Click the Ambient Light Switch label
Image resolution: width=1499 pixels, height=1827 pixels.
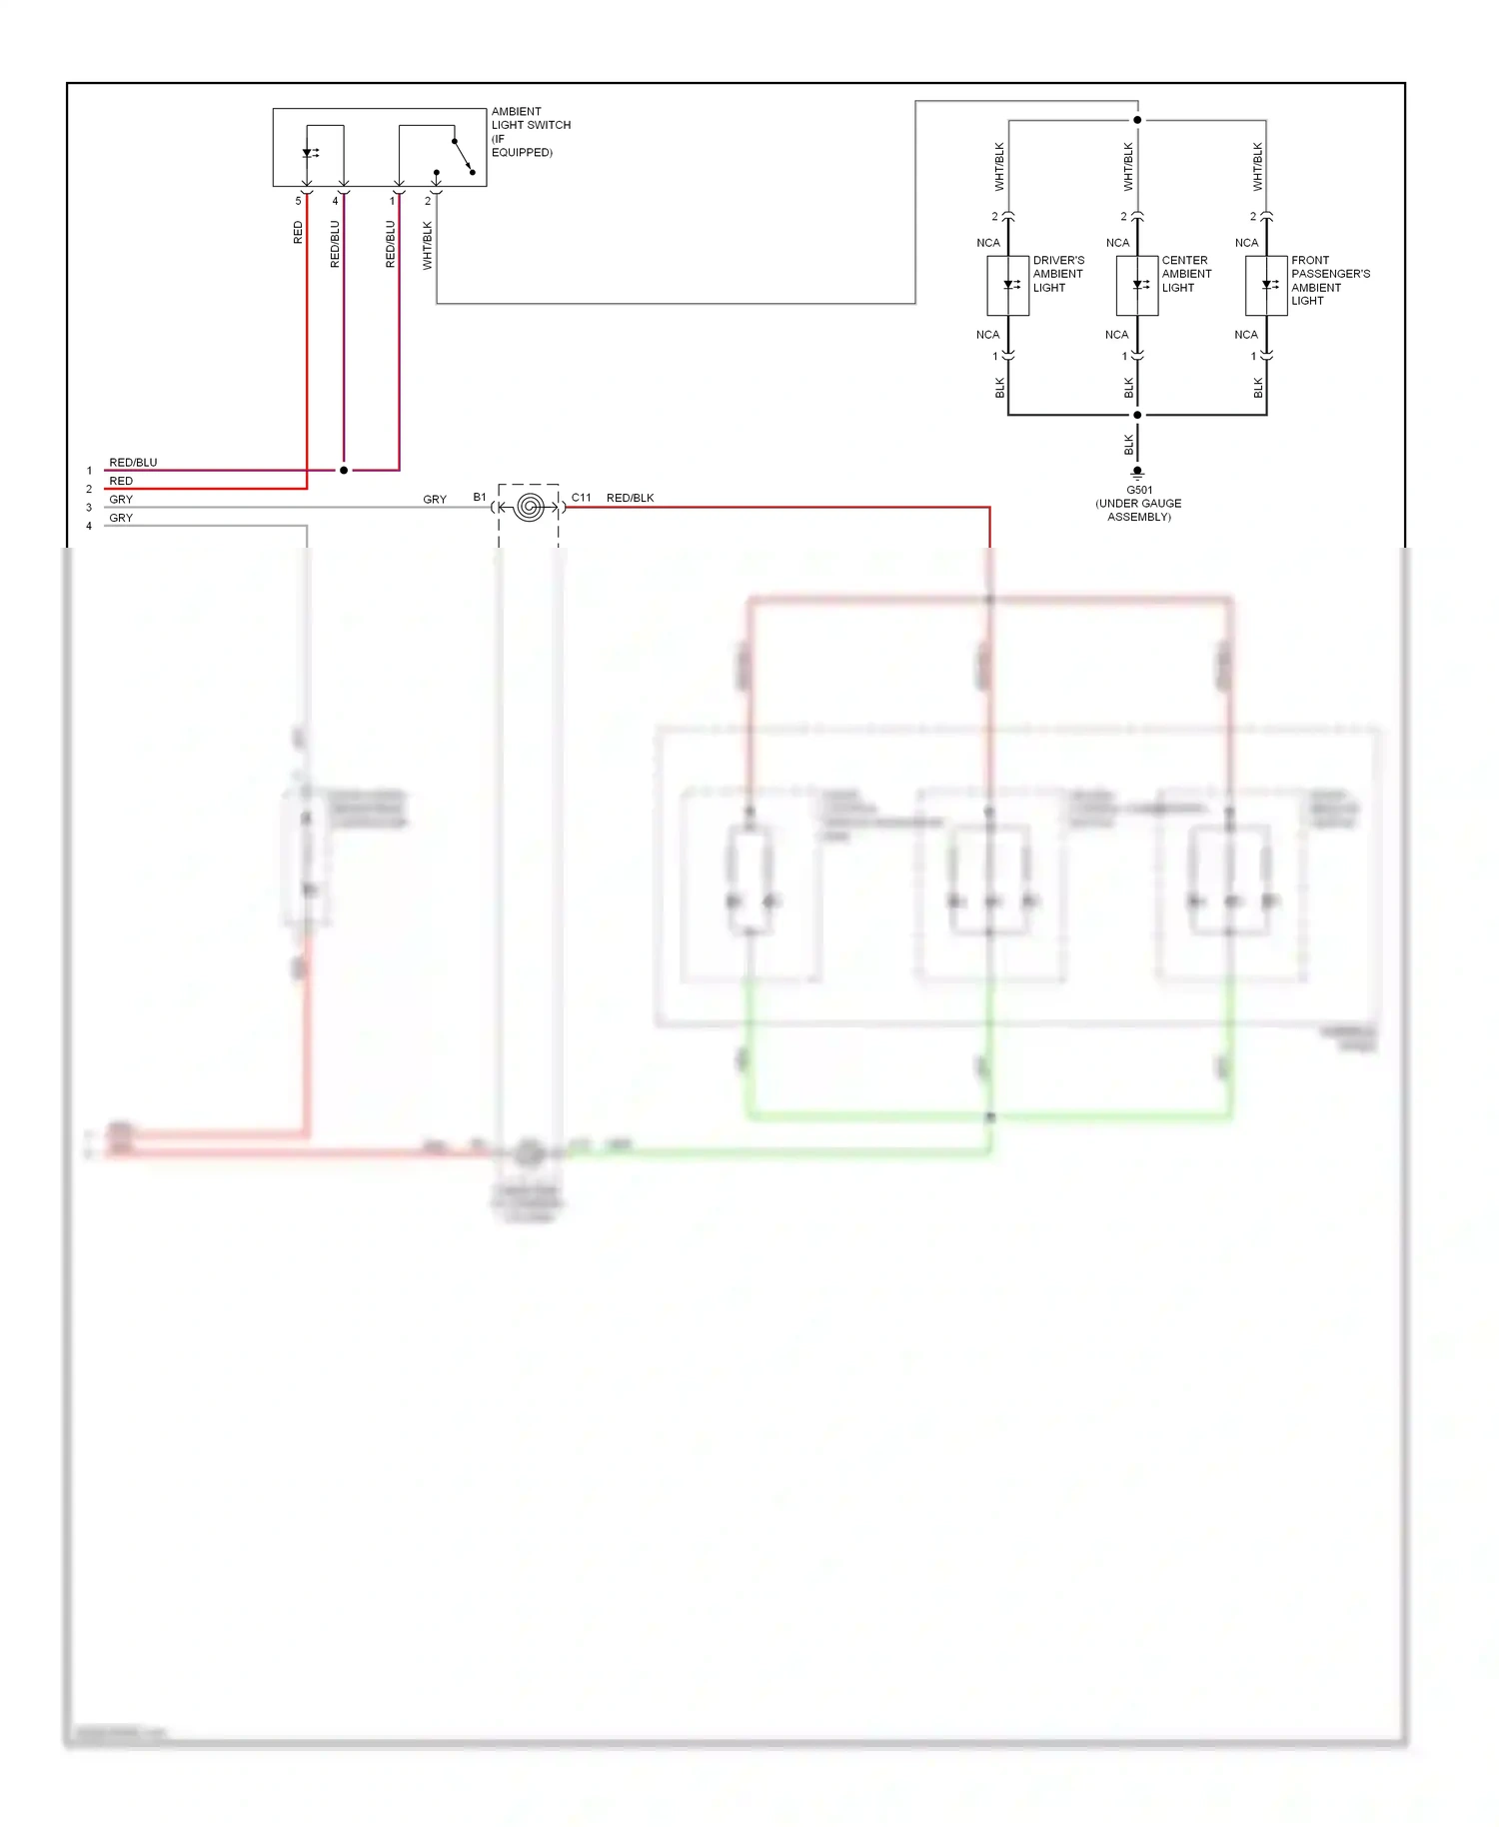(x=530, y=132)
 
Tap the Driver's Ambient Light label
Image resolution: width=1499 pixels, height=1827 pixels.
(x=1057, y=274)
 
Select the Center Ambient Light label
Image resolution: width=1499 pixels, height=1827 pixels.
(x=1186, y=274)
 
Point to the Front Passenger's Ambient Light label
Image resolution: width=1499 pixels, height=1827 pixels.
(x=1329, y=280)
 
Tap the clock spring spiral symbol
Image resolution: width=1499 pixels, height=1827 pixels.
(x=530, y=508)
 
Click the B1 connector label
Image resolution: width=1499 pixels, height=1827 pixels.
(x=480, y=497)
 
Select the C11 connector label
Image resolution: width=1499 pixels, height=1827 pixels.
(x=581, y=497)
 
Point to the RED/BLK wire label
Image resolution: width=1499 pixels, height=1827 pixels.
(x=630, y=498)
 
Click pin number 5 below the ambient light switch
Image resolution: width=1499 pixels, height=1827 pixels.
(x=298, y=201)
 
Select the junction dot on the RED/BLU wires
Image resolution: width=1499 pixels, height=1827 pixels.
(x=344, y=470)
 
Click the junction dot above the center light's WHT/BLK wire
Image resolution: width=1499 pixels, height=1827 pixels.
(x=1137, y=120)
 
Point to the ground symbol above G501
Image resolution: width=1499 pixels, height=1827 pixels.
(x=1137, y=473)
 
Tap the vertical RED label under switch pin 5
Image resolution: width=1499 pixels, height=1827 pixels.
(x=298, y=233)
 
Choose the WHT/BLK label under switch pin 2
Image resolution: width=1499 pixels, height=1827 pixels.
(x=428, y=246)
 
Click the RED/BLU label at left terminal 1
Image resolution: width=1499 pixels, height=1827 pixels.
(x=133, y=463)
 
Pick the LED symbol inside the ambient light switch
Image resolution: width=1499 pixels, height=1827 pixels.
(x=309, y=154)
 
